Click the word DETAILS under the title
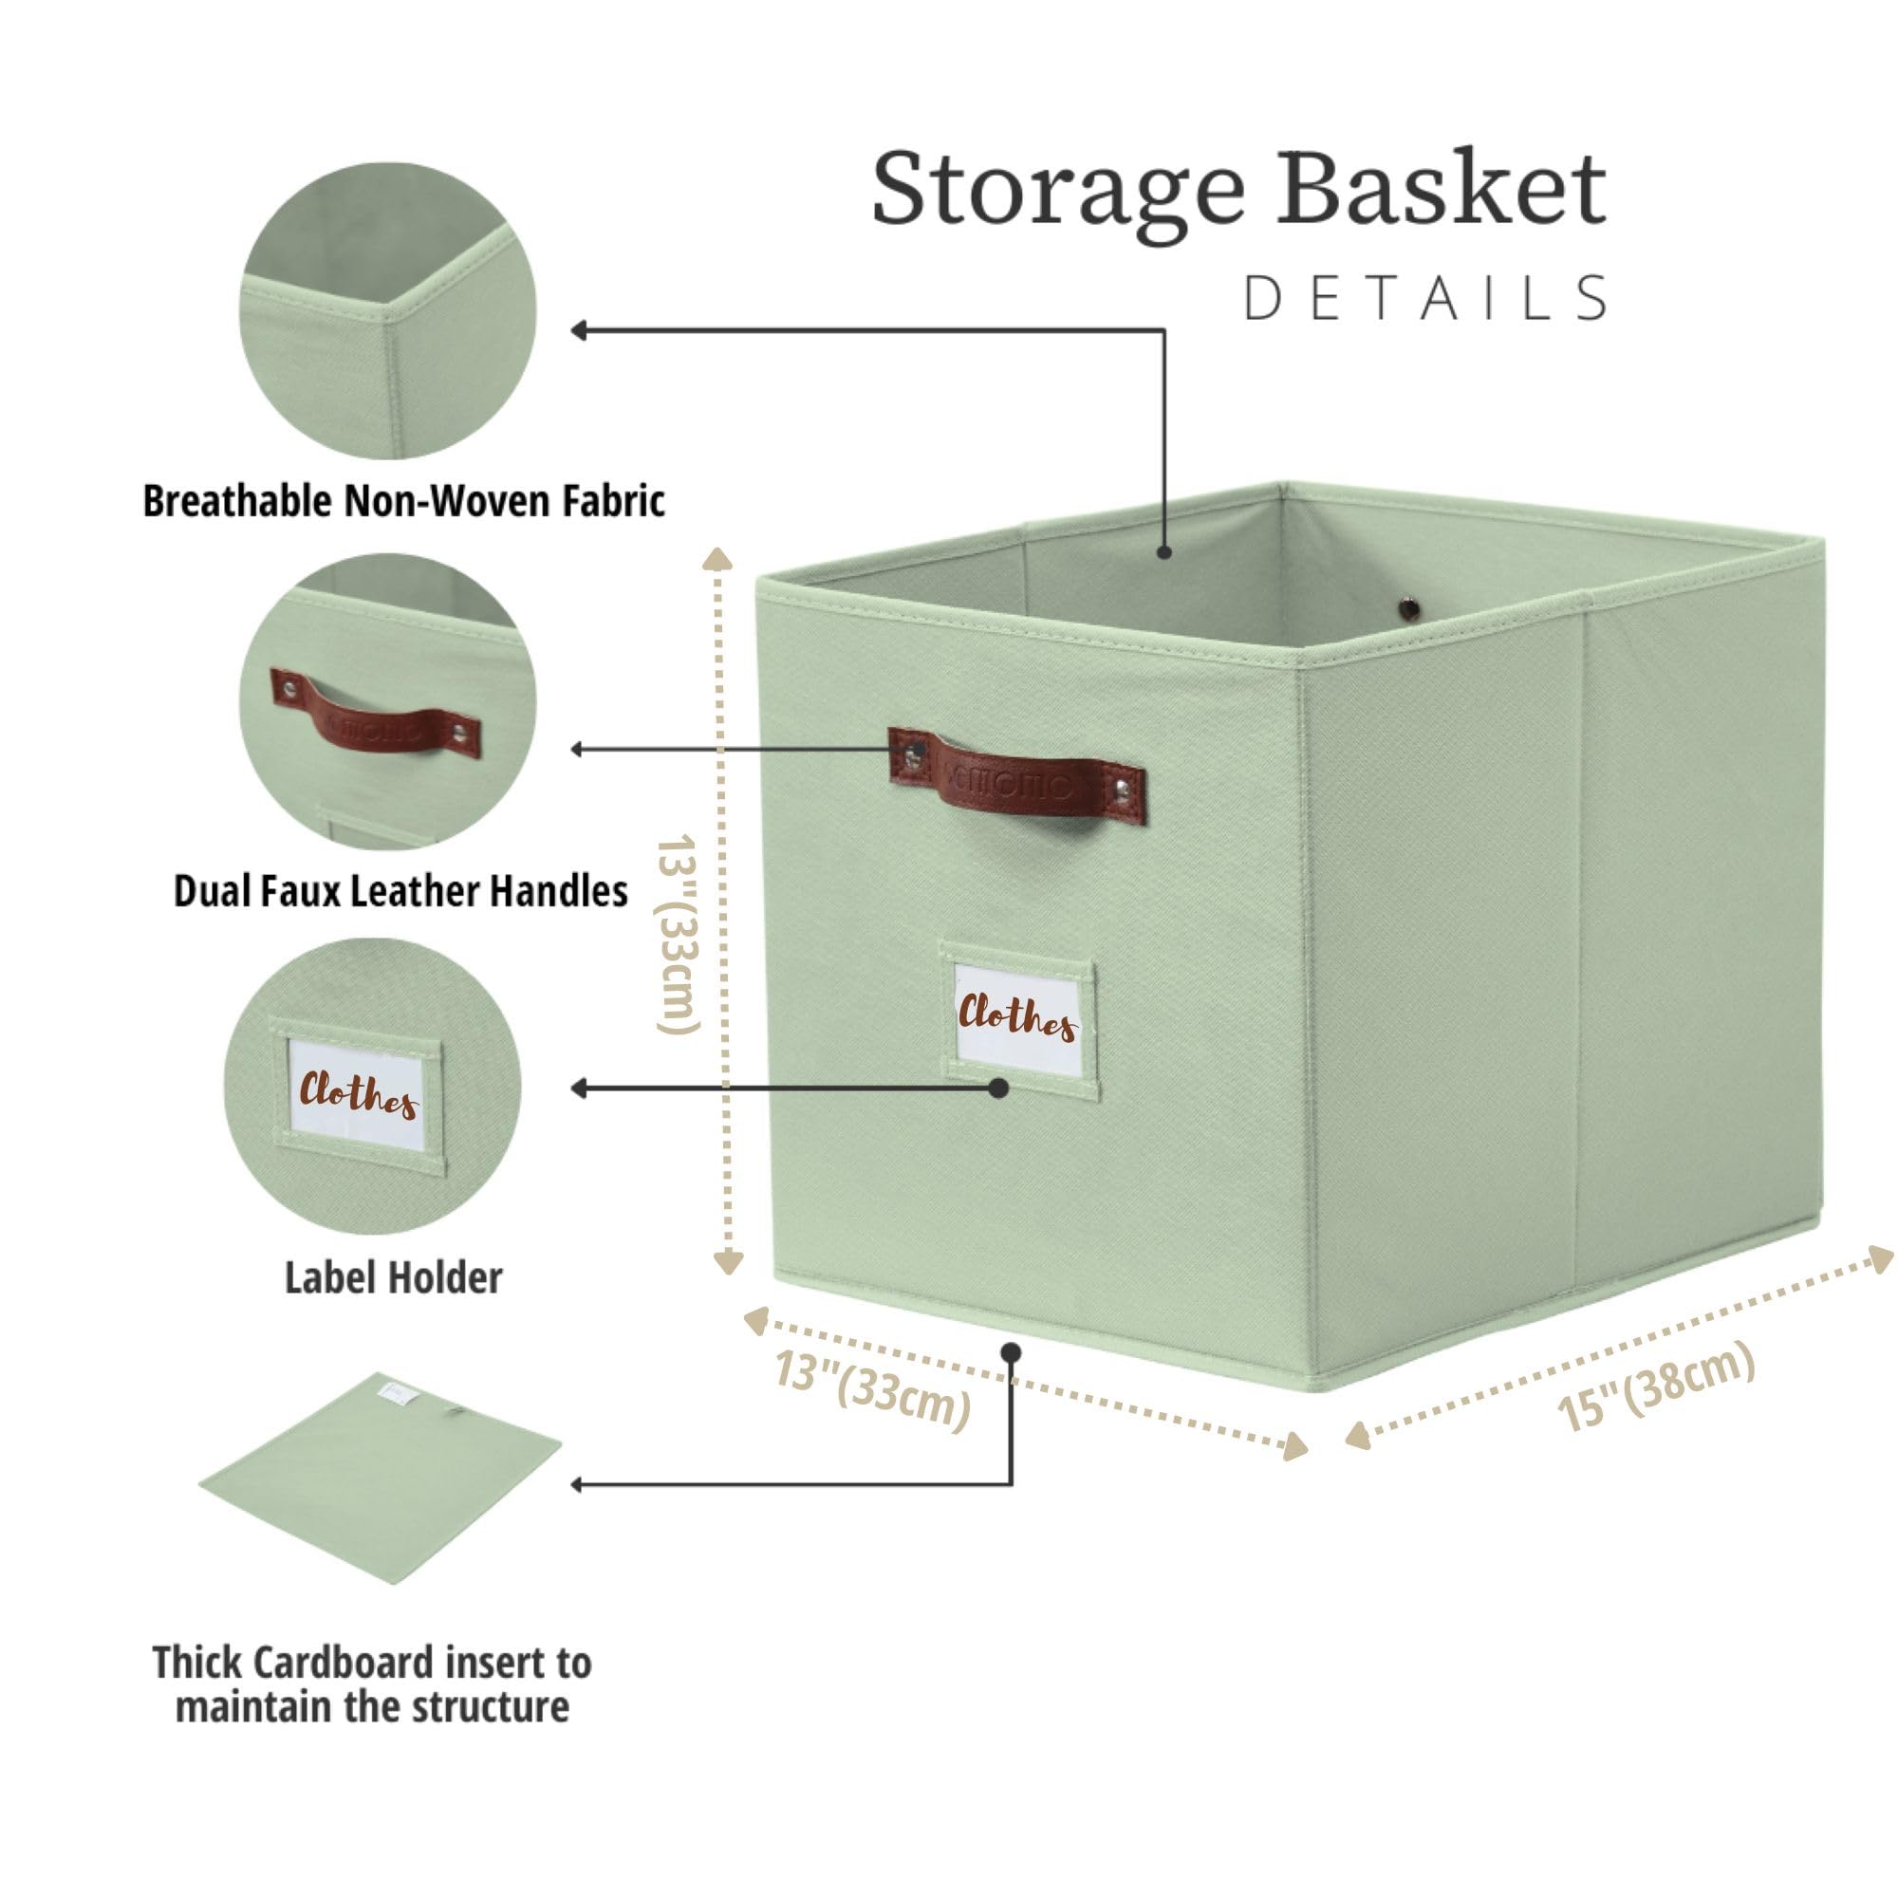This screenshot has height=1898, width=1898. click(x=1426, y=299)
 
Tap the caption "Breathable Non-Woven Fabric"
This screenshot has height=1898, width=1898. click(x=403, y=501)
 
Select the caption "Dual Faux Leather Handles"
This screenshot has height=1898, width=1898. click(x=400, y=891)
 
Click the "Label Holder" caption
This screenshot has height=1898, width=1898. click(x=393, y=1278)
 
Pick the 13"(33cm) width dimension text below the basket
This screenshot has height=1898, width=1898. click(x=873, y=1389)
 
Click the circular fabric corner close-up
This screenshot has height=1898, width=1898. click(x=388, y=310)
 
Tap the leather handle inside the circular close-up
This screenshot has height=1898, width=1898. click(x=375, y=715)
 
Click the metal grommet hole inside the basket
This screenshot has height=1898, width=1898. click(x=1410, y=608)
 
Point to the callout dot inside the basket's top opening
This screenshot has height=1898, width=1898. click(x=1164, y=552)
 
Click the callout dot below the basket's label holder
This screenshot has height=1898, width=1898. click(x=999, y=1088)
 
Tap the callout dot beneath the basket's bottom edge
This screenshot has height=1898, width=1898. click(x=1011, y=1352)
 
